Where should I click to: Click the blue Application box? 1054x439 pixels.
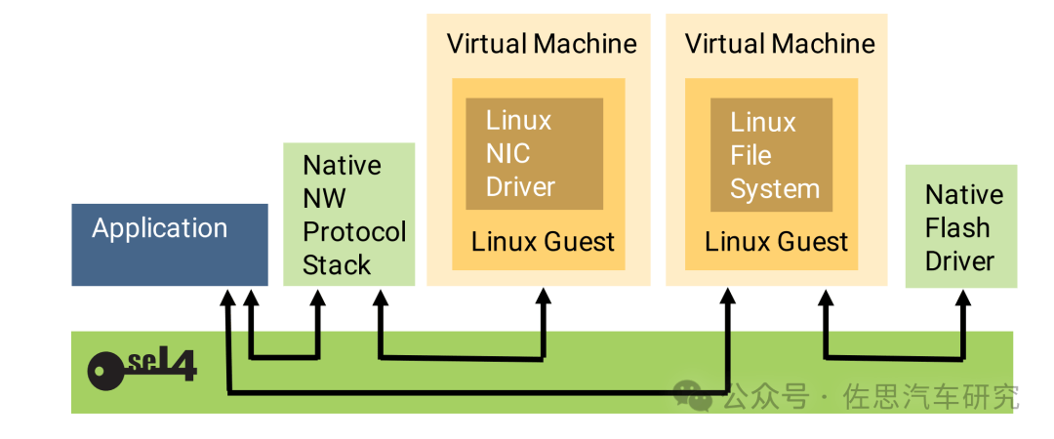169,245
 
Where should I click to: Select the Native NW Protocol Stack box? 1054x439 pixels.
348,215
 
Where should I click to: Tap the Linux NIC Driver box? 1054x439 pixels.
534,154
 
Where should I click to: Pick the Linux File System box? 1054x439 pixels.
771,155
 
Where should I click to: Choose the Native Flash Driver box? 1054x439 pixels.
961,226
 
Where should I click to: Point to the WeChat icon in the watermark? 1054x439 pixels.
693,395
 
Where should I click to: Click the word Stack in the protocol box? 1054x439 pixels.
337,264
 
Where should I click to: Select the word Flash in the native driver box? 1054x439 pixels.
957,228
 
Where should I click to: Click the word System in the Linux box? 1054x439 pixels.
775,188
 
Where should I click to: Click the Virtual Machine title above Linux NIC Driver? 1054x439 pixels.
542,44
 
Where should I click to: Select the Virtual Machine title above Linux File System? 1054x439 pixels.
780,44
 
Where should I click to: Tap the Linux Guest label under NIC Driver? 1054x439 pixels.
543,242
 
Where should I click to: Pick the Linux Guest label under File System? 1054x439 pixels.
777,242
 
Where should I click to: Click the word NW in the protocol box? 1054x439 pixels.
324,198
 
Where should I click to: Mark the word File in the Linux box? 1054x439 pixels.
750,155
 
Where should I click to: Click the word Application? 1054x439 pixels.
159,228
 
